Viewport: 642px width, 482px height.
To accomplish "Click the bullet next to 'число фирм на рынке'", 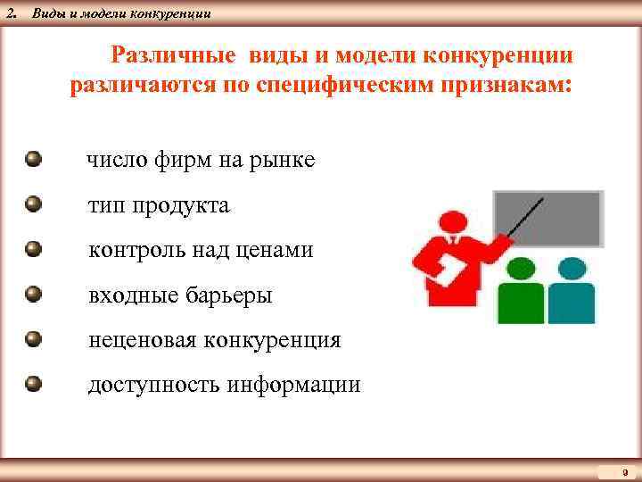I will coord(34,160).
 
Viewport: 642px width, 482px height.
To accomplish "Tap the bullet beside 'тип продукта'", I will coord(34,205).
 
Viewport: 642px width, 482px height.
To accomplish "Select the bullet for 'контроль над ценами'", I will coord(34,250).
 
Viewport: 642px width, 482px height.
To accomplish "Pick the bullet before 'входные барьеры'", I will coord(34,295).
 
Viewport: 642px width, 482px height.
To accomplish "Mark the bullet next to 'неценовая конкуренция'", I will coord(34,339).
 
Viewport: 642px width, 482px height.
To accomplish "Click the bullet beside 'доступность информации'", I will coord(34,385).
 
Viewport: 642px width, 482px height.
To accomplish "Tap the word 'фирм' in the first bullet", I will coord(178,161).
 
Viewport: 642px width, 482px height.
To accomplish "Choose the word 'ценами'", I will coord(276,251).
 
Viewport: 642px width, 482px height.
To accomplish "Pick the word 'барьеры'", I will coord(227,295).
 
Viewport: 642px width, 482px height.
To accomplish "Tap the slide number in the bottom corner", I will coord(624,471).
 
